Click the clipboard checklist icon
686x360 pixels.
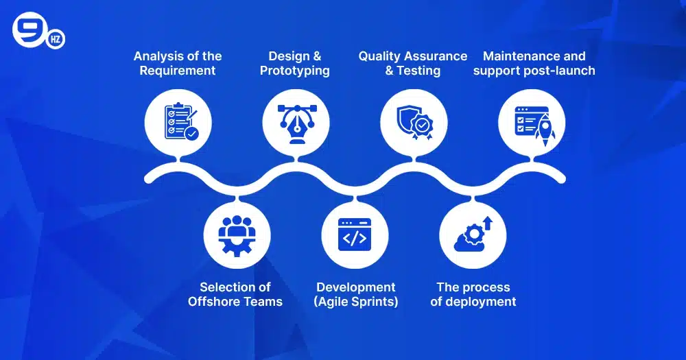(178, 123)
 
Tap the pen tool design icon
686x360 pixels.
(296, 123)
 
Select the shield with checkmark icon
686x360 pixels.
(414, 123)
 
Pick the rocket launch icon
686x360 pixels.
(532, 123)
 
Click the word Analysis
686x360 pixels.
(159, 56)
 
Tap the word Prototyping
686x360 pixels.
(295, 71)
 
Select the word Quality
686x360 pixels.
(383, 56)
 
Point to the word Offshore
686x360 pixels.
(211, 302)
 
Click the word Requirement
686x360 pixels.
(178, 71)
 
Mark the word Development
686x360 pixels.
(356, 287)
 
